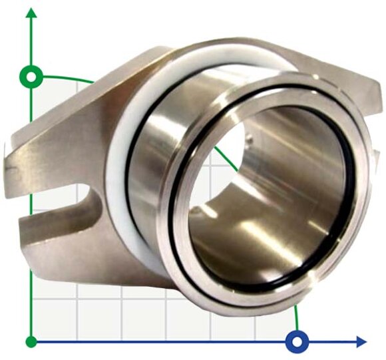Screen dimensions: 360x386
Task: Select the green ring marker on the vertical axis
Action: pos(31,75)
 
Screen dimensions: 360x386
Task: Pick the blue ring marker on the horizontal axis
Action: pos(297,342)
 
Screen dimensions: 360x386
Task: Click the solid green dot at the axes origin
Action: pos(31,342)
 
